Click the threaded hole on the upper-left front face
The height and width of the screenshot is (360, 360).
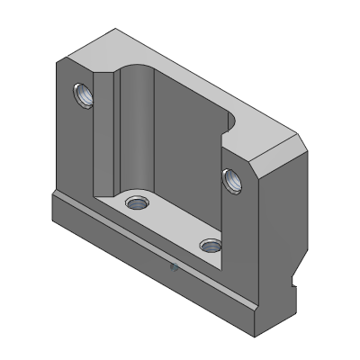[82, 94]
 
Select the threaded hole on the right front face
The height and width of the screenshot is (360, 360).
[232, 180]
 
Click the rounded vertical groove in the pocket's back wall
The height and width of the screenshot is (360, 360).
[140, 126]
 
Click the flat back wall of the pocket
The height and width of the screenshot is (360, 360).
[189, 153]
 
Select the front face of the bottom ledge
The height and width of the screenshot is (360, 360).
[153, 270]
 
